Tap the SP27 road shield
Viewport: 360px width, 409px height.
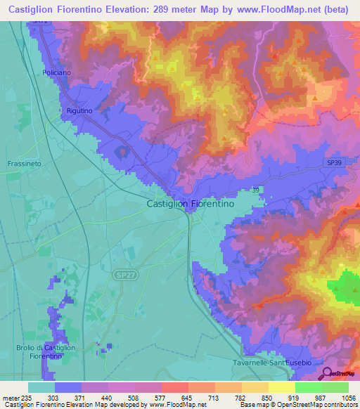[123, 277]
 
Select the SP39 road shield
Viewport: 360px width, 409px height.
[335, 162]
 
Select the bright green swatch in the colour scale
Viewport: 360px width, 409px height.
[308, 387]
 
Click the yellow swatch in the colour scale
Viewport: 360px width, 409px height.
[281, 387]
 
